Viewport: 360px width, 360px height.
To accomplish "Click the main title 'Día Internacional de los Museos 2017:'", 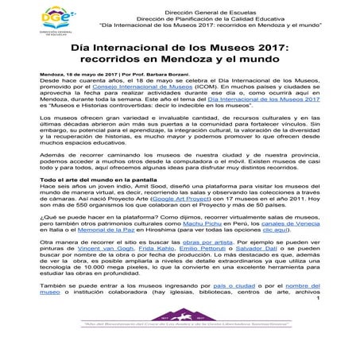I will point(180,50).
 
